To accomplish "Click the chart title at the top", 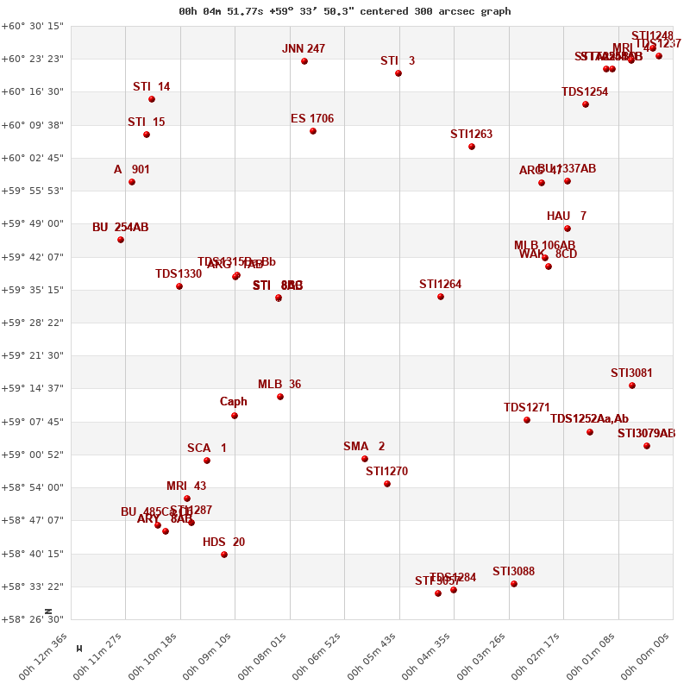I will [x=345, y=11].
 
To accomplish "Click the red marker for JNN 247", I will [x=304, y=61].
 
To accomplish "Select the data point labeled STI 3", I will [x=398, y=73].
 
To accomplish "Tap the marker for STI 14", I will [x=152, y=99].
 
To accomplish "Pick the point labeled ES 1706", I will [x=313, y=131].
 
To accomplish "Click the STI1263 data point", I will [x=472, y=147].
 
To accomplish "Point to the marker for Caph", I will [x=235, y=416].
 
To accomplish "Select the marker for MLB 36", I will [x=280, y=397].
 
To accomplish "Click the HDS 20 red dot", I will [x=224, y=555].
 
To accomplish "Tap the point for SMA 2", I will [x=365, y=459].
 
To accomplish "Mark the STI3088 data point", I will [x=514, y=584].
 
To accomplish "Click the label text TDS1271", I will [x=527, y=408].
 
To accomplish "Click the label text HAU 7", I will [x=567, y=216].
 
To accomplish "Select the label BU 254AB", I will [x=121, y=228].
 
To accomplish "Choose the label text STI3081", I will [x=631, y=373].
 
